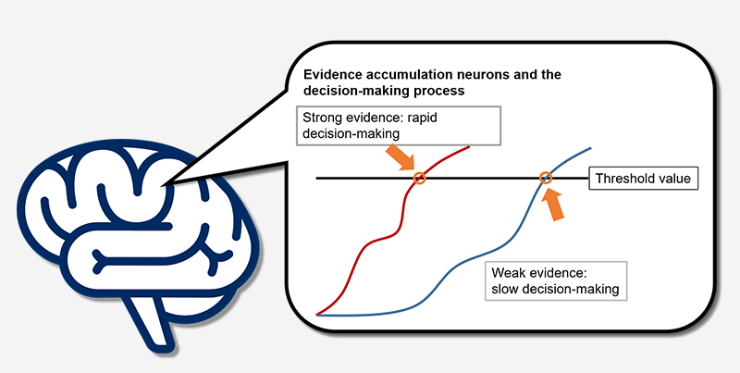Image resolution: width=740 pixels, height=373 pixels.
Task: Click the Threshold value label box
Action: tap(643, 179)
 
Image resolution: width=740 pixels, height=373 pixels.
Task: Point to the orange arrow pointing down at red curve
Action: tap(401, 157)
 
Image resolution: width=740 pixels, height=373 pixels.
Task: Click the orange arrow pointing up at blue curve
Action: tap(552, 204)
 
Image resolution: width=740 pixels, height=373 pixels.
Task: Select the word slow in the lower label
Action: tap(504, 289)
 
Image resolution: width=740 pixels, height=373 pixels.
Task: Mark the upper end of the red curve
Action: tap(469, 147)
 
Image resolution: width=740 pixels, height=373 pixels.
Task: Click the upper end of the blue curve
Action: tap(590, 148)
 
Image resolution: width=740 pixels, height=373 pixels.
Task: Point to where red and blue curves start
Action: tap(317, 315)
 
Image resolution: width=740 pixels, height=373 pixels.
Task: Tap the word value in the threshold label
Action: tap(674, 179)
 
